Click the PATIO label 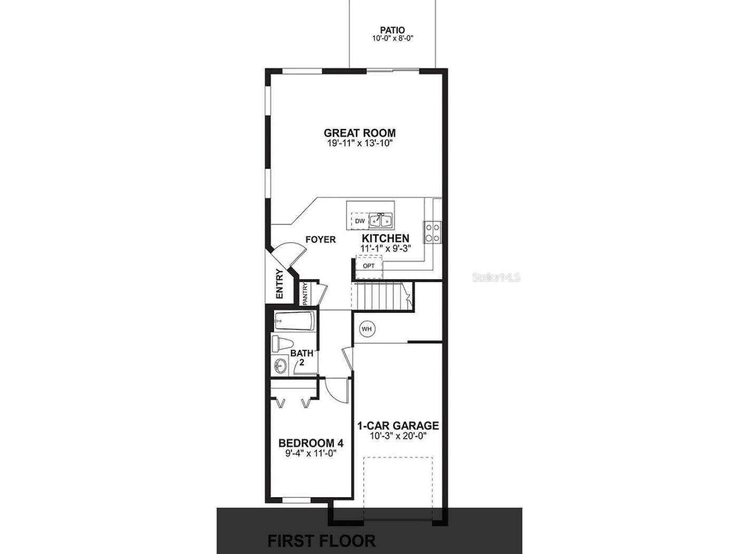tap(392, 31)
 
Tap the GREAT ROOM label tap(359, 133)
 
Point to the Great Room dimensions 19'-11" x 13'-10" tap(359, 143)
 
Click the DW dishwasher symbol tap(359, 221)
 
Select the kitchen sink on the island tap(382, 220)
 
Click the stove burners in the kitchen tap(433, 233)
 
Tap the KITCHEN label tap(385, 239)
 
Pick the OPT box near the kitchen tap(369, 266)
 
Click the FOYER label tap(320, 240)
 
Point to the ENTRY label tap(279, 284)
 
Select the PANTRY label tap(305, 294)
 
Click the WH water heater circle tap(366, 329)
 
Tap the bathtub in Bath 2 tap(294, 321)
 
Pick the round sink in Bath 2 tap(280, 365)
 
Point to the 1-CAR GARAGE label tap(398, 426)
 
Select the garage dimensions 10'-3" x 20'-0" tap(398, 436)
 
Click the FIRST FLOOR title tap(322, 541)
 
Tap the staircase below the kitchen tap(380, 296)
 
